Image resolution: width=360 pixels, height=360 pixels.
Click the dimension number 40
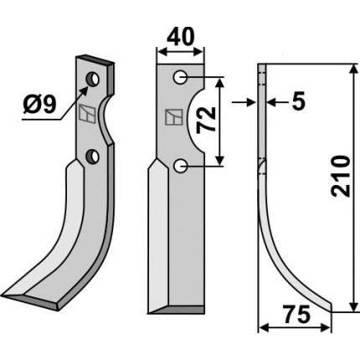point(180,37)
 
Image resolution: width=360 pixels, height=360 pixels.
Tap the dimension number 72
point(207,120)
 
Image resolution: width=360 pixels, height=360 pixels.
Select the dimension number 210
point(340,177)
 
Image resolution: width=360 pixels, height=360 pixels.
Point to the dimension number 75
point(296,314)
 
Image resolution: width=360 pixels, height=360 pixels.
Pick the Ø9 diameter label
point(40,105)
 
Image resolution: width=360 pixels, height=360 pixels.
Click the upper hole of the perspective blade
point(92,80)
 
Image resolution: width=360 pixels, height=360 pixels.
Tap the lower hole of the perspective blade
point(92,157)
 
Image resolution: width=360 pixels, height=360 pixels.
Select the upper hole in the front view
point(180,77)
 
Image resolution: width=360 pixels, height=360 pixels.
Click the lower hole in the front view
point(180,166)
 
